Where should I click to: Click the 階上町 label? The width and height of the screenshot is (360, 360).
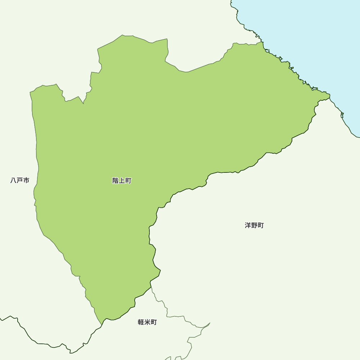pyautogui.click(x=122, y=181)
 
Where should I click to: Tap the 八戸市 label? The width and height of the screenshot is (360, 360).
pyautogui.click(x=20, y=180)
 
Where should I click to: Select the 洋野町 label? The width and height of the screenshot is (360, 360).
pyautogui.click(x=254, y=225)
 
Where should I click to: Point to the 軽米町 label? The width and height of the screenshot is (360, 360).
pyautogui.click(x=147, y=322)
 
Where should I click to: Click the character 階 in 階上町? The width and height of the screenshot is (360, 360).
pyautogui.click(x=116, y=181)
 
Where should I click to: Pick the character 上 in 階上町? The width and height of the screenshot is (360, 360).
pyautogui.click(x=122, y=181)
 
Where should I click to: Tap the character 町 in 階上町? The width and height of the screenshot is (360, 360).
pyautogui.click(x=128, y=181)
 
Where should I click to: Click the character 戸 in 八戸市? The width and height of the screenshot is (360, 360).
pyautogui.click(x=20, y=180)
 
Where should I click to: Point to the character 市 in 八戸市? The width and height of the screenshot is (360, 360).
pyautogui.click(x=26, y=180)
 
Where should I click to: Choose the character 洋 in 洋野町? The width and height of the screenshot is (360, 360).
pyautogui.click(x=248, y=225)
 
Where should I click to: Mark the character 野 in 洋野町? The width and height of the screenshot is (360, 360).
pyautogui.click(x=254, y=225)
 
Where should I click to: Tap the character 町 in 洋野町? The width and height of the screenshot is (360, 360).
pyautogui.click(x=261, y=225)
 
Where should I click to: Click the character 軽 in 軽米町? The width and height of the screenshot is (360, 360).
pyautogui.click(x=141, y=322)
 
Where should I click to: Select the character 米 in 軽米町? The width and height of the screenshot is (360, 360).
pyautogui.click(x=147, y=322)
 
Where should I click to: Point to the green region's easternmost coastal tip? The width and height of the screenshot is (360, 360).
pyautogui.click(x=329, y=96)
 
